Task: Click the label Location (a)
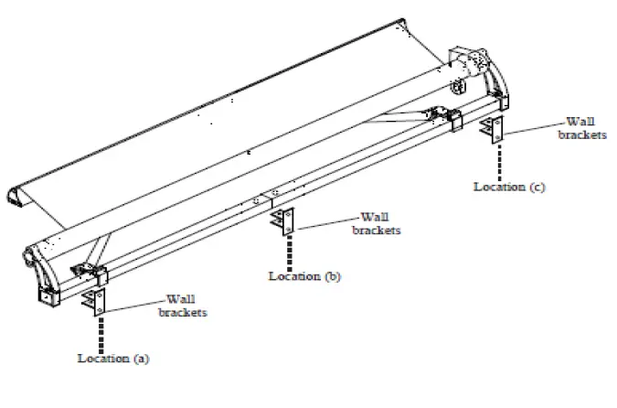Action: click(112, 359)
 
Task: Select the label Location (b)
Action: click(304, 275)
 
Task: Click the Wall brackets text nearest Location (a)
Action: click(183, 306)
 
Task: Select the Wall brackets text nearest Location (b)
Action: click(378, 224)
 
